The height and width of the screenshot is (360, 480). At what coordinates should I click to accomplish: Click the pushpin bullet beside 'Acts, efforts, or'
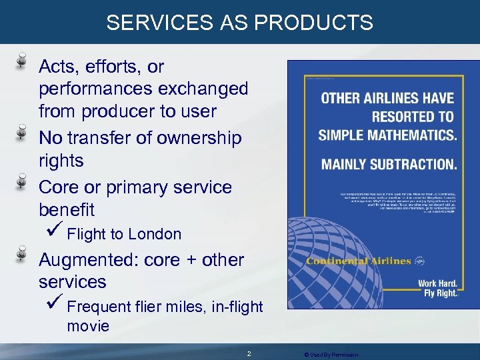pyautogui.click(x=22, y=61)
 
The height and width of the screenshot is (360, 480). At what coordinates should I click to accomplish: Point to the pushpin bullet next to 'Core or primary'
pyautogui.click(x=22, y=182)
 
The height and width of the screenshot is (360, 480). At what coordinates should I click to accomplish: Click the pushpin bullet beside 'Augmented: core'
pyautogui.click(x=22, y=255)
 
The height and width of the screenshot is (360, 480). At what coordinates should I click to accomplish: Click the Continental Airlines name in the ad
pyautogui.click(x=358, y=261)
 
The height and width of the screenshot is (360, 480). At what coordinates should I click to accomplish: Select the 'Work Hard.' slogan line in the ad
pyautogui.click(x=437, y=283)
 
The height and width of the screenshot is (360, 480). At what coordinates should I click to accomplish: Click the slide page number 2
pyautogui.click(x=249, y=353)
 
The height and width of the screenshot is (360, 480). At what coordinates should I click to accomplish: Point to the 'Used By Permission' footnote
pyautogui.click(x=331, y=354)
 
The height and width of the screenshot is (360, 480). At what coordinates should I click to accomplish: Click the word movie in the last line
pyautogui.click(x=88, y=327)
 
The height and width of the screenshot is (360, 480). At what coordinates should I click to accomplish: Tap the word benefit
pyautogui.click(x=67, y=210)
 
